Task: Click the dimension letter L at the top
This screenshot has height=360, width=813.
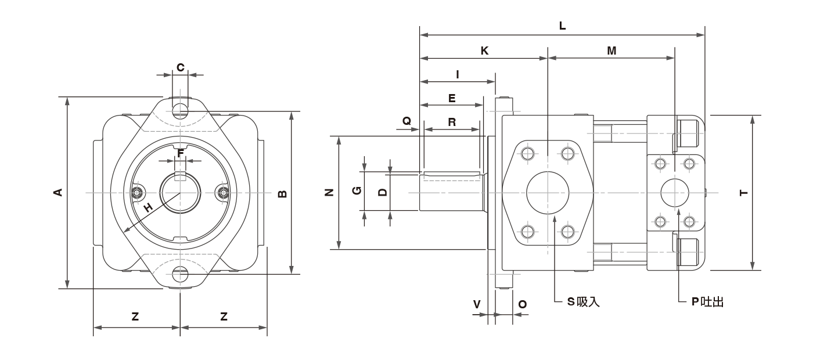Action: [562, 26]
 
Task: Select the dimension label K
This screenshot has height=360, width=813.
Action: [484, 51]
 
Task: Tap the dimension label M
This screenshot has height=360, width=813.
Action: [611, 51]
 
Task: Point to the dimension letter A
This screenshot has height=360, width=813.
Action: [58, 192]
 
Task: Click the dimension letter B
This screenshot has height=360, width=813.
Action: [282, 194]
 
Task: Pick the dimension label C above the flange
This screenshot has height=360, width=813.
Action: [181, 67]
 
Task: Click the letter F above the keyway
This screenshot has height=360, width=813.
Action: [181, 153]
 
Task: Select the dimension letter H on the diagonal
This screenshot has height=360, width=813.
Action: [148, 208]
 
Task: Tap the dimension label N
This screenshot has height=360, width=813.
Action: [329, 192]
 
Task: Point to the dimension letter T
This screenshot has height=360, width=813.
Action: [744, 193]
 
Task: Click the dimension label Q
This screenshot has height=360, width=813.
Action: [407, 121]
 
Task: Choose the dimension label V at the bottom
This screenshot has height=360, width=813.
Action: [477, 304]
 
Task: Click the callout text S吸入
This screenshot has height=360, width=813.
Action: [583, 301]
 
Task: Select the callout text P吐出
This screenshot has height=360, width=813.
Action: [708, 302]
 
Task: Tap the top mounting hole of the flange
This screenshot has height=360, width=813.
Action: [181, 111]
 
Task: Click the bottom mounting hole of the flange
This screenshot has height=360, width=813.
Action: [181, 274]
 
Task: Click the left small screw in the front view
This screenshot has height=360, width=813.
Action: [138, 192]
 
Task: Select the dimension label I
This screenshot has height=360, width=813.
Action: [458, 75]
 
